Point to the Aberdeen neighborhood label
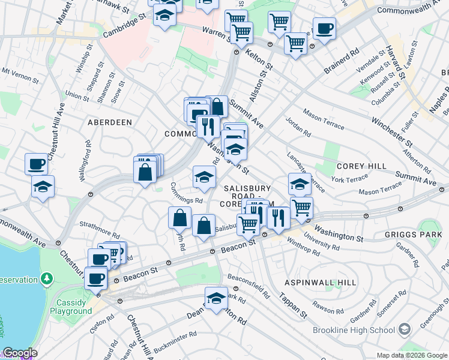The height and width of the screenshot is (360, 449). [x=110, y=122]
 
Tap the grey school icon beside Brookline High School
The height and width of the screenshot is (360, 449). [x=405, y=329]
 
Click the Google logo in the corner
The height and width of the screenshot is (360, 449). [x=19, y=353]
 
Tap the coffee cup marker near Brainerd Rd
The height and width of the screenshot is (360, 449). [x=324, y=29]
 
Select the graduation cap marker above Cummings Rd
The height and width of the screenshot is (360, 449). [x=204, y=177]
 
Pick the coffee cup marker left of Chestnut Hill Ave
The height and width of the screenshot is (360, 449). [x=36, y=164]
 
